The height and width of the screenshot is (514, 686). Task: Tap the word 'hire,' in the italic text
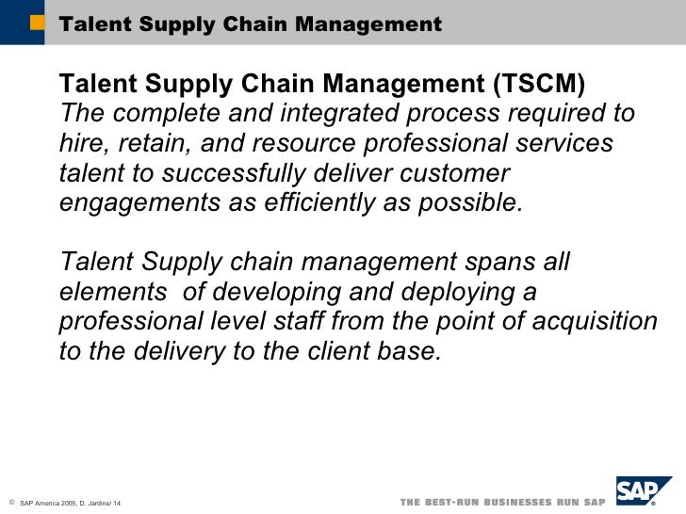click(81, 145)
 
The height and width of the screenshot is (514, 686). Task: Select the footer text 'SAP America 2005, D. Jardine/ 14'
click(71, 506)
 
